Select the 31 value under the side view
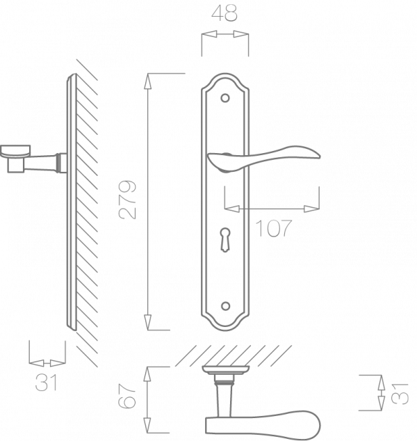pyautogui.click(x=47, y=382)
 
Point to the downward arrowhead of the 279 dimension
pyautogui.click(x=147, y=321)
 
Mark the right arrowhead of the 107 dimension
pyautogui.click(x=314, y=207)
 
